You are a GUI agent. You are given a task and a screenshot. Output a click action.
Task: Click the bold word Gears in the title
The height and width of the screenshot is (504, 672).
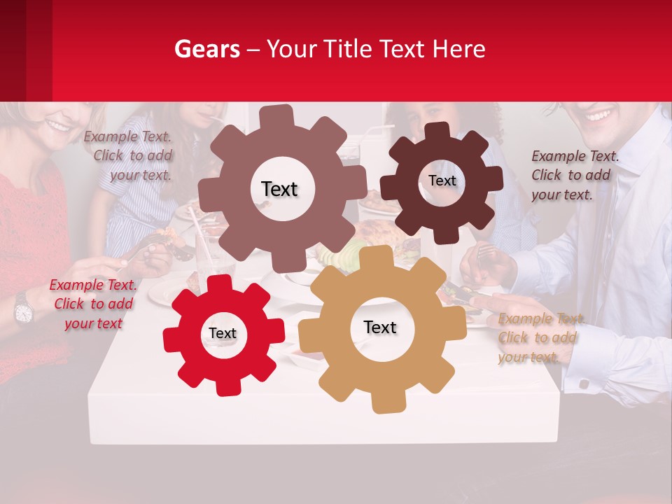(x=206, y=49)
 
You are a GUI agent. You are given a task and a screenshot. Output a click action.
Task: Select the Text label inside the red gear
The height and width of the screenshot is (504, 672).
(x=223, y=334)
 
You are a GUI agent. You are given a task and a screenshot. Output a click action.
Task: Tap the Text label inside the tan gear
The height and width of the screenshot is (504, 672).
(x=380, y=327)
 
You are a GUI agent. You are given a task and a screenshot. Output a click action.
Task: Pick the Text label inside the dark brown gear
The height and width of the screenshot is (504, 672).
(x=442, y=181)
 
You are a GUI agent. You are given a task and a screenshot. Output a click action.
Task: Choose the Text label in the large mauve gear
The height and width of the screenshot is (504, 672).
(x=279, y=189)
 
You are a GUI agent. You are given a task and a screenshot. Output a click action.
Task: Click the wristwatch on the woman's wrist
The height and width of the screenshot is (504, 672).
(x=23, y=309)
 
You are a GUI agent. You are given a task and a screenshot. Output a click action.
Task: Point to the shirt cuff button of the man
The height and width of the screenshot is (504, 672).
(x=582, y=384)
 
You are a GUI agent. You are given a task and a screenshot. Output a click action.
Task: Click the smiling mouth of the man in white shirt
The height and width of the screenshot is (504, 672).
(x=598, y=114)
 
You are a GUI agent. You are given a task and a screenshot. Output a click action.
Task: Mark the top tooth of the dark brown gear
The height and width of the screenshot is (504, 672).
(x=437, y=132)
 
